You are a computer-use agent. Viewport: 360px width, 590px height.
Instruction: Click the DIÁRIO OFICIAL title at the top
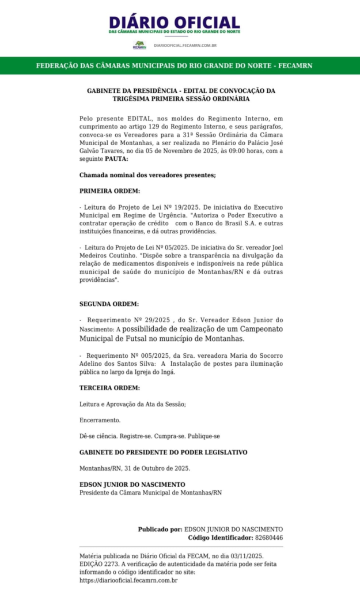tap(174, 23)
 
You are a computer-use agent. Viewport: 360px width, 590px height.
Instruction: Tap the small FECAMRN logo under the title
tap(139, 44)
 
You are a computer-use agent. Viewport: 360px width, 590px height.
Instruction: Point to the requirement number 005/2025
tap(143, 356)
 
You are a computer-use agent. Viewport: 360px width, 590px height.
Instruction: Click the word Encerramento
tap(100, 420)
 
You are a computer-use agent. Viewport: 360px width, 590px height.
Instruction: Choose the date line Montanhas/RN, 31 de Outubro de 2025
tap(135, 468)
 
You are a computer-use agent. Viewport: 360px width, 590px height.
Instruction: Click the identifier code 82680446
tap(268, 538)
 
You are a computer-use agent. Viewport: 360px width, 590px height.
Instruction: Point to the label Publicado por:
tap(160, 529)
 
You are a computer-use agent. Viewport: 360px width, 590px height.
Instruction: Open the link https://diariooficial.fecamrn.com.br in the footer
tap(128, 580)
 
